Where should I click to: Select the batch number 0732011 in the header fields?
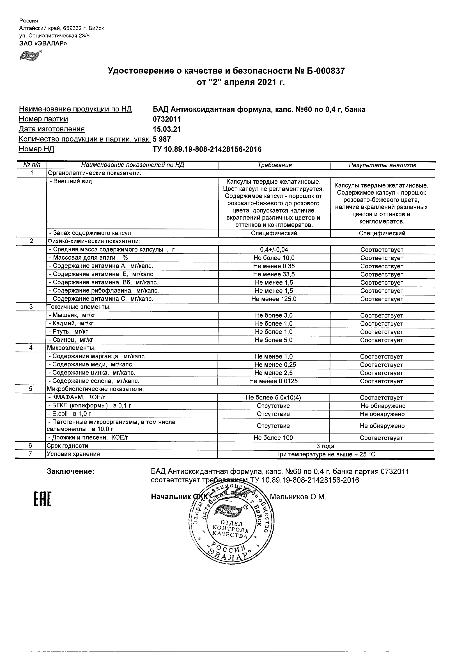pos(167,119)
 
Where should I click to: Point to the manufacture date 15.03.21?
pos(167,129)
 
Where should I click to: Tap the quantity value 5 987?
pos(162,139)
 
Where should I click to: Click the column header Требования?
pos(274,165)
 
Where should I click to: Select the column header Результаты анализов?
pos(382,165)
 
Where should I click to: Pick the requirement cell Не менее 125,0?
pos(274,299)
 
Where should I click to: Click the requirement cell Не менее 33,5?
pos(274,274)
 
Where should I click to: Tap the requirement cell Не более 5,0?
pos(274,340)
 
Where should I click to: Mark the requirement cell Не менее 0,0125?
pos(273,381)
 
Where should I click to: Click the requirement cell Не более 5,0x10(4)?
pos(273,398)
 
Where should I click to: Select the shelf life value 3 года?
pos(325,446)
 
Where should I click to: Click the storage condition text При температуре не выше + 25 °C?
pos(325,454)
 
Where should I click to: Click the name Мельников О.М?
pos(298,497)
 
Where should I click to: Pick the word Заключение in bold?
pos(71,471)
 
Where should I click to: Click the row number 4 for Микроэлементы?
pos(31,348)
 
